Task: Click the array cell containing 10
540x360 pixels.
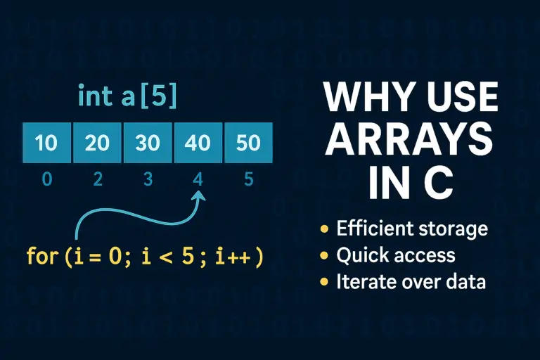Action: [x=46, y=143]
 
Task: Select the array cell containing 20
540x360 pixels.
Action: [x=97, y=143]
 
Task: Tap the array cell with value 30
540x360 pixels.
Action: [x=148, y=143]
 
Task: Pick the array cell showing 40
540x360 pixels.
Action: [x=198, y=143]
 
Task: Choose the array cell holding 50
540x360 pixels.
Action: [x=247, y=143]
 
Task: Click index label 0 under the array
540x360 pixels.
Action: [x=47, y=179]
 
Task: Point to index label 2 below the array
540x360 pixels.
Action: [x=98, y=179]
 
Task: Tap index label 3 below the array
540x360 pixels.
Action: [x=148, y=179]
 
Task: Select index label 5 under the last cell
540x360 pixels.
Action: [x=248, y=179]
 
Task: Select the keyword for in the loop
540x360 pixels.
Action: [x=41, y=257]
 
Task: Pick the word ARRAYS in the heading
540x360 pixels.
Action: [x=410, y=141]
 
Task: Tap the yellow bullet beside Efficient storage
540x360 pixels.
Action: [x=324, y=229]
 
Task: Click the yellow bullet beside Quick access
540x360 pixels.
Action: [x=324, y=256]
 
